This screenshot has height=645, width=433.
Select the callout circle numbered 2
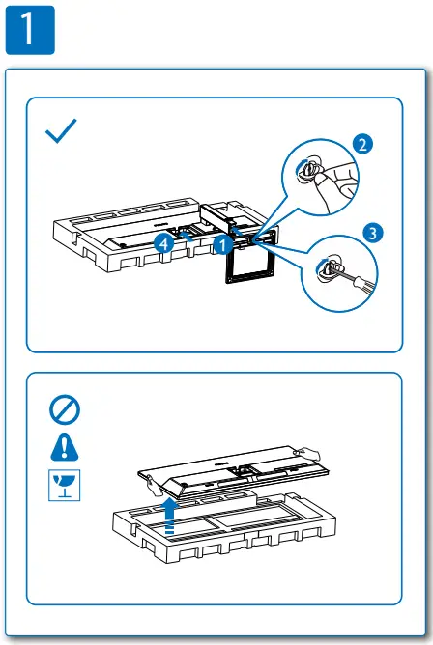tap(361, 146)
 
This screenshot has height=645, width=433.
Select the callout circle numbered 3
tap(373, 232)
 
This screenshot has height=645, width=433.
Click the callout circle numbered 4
tap(165, 244)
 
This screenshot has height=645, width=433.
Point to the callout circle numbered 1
tap(223, 245)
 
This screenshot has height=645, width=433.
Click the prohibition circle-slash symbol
tap(65, 410)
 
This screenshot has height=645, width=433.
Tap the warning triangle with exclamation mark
tap(65, 446)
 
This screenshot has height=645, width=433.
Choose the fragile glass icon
tap(65, 484)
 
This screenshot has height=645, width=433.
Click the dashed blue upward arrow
tap(170, 516)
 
